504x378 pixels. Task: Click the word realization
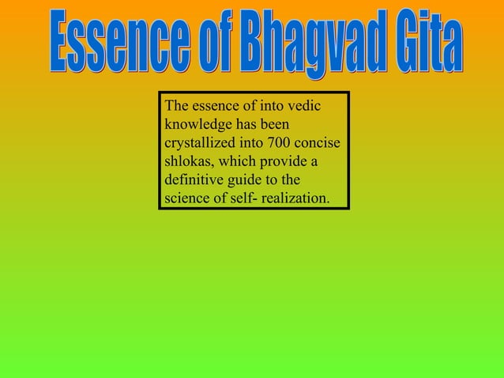click(296, 197)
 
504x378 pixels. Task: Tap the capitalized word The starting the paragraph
click(177, 106)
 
